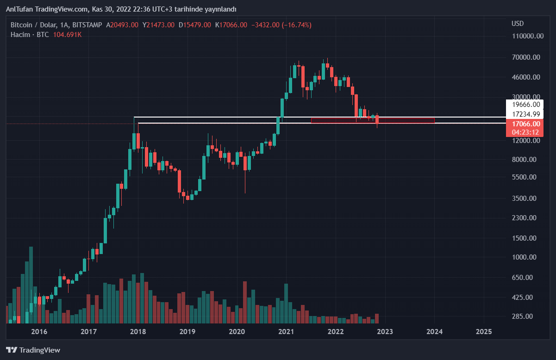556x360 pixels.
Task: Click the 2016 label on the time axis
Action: click(x=39, y=331)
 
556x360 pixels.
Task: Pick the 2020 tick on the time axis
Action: click(x=237, y=331)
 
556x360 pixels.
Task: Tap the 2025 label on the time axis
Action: click(x=484, y=331)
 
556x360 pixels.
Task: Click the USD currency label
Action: click(x=518, y=24)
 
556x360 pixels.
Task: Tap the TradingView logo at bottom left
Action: click(x=33, y=350)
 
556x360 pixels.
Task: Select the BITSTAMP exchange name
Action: click(x=87, y=25)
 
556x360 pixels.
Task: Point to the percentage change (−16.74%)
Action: click(x=297, y=25)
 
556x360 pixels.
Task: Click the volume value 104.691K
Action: click(x=67, y=35)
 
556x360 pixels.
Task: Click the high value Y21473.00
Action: click(x=158, y=25)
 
